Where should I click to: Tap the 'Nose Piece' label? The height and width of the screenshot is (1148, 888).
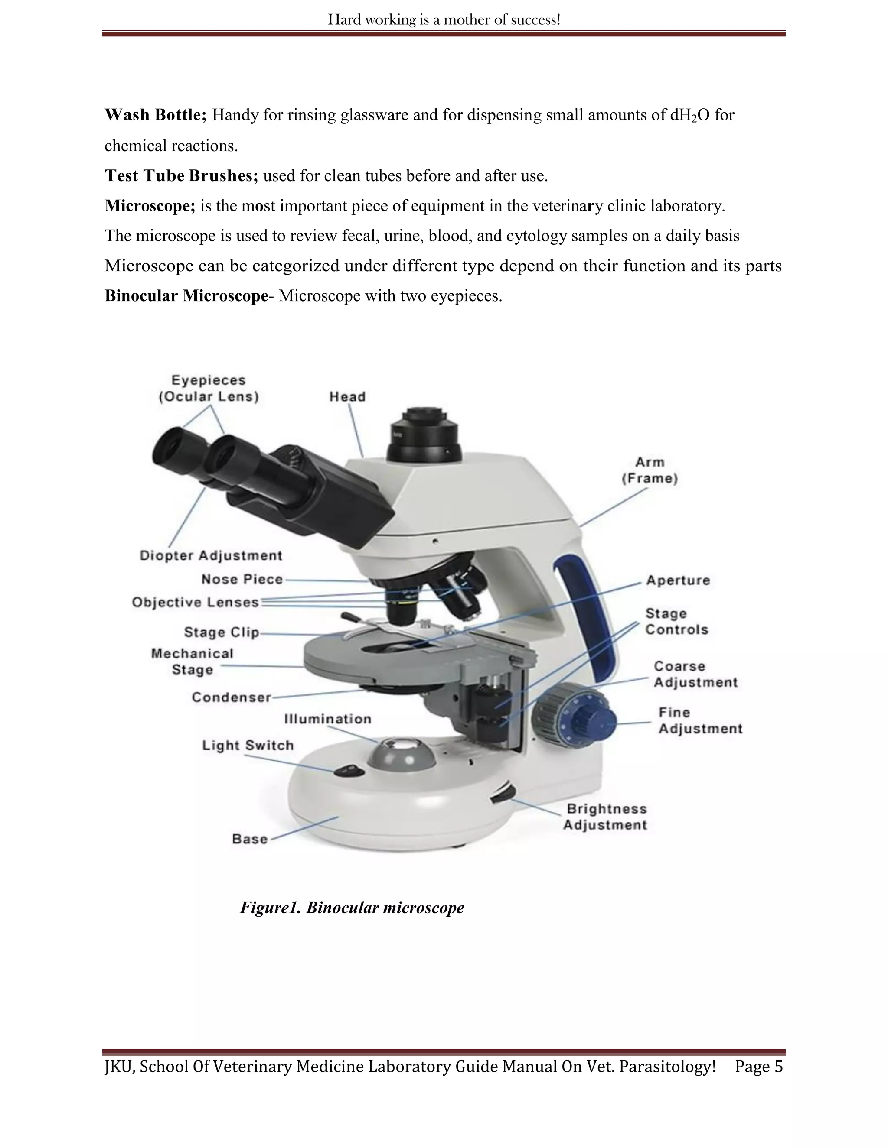coord(242,579)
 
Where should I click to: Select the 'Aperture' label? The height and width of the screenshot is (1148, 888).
coord(678,580)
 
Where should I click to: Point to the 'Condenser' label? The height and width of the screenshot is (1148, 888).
coord(231,697)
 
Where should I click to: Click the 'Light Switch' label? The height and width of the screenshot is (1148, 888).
coord(248,746)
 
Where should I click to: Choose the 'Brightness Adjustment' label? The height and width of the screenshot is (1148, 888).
coord(605,817)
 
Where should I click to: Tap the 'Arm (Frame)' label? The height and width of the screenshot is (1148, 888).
coord(650,470)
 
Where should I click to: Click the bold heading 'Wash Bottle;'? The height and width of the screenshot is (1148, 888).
coord(156,115)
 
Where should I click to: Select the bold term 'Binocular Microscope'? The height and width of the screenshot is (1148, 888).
coord(186,296)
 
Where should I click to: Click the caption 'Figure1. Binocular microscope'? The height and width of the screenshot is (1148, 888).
coord(352,908)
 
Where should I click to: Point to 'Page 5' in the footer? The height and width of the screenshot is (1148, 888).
coord(759,1067)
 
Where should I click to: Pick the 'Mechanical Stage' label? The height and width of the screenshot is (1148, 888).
coord(192,662)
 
